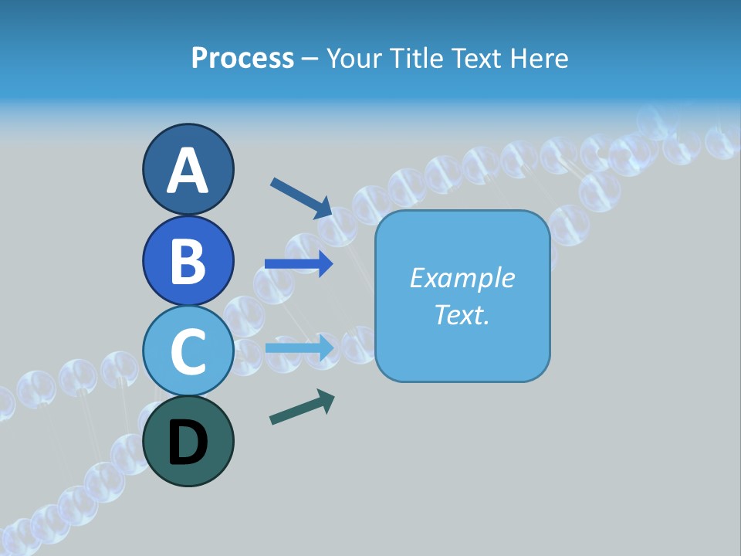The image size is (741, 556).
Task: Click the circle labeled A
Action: click(188, 169)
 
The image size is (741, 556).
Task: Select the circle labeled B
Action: click(188, 260)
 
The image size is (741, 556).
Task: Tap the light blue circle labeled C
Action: click(188, 351)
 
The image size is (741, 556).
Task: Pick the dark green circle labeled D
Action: click(188, 442)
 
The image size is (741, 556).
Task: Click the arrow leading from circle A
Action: click(301, 198)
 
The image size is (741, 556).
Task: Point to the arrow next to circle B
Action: click(299, 264)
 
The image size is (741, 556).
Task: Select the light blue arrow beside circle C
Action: click(299, 348)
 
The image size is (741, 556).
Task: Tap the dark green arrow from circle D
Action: click(302, 407)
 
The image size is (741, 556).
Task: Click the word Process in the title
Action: click(242, 58)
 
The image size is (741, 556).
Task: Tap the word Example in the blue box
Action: click(462, 278)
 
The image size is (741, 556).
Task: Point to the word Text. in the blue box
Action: click(462, 314)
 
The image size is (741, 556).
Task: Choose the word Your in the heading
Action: click(351, 58)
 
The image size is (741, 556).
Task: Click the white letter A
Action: click(188, 171)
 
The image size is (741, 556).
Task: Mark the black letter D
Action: click(188, 443)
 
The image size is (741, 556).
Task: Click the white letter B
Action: click(188, 261)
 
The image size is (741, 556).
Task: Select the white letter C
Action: click(188, 352)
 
